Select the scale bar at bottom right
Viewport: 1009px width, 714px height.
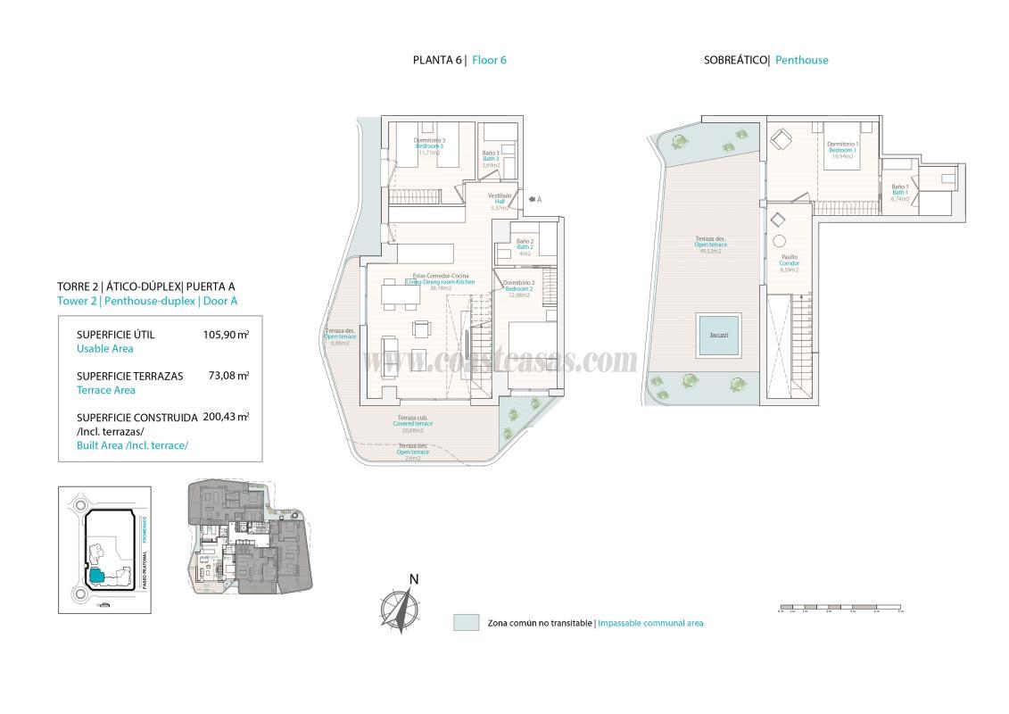(839, 610)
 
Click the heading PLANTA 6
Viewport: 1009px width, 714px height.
(438, 61)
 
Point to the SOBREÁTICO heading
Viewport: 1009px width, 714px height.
(736, 61)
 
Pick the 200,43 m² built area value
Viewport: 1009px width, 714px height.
(226, 416)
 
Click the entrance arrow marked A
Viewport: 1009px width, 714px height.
(533, 200)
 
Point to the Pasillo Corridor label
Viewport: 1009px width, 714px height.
(789, 262)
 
